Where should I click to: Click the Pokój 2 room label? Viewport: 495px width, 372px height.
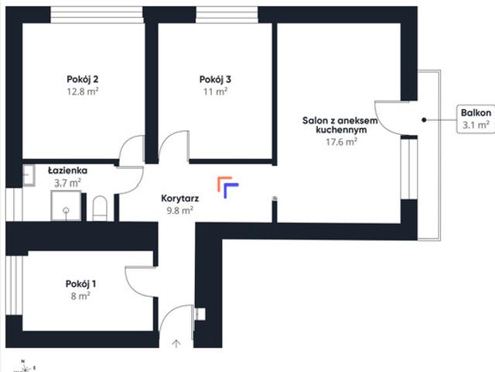tap(83, 79)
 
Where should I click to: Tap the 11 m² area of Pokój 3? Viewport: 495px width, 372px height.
tap(215, 91)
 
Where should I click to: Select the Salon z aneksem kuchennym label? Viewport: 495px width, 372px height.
tap(340, 125)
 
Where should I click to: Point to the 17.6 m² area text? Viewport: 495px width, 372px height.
tap(341, 142)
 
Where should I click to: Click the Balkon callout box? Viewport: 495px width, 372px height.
tap(476, 119)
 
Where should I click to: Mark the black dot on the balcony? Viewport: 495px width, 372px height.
tap(425, 120)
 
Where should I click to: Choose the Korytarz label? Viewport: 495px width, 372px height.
tap(180, 198)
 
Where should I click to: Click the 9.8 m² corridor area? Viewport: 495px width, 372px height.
tap(180, 210)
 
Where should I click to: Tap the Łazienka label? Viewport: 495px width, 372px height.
tap(67, 170)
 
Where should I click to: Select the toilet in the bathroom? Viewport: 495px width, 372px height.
tap(100, 208)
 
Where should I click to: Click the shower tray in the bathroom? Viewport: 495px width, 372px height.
tap(66, 205)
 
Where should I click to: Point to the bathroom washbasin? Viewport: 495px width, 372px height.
tap(29, 175)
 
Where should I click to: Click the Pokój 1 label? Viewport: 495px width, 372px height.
tap(80, 284)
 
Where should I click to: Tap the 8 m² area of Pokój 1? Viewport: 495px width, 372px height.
tap(80, 296)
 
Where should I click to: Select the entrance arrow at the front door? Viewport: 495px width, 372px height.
tap(176, 343)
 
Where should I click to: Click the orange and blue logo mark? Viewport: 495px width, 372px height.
tap(228, 188)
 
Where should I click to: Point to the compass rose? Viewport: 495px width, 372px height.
tap(25, 367)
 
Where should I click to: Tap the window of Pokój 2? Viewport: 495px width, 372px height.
tap(97, 15)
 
